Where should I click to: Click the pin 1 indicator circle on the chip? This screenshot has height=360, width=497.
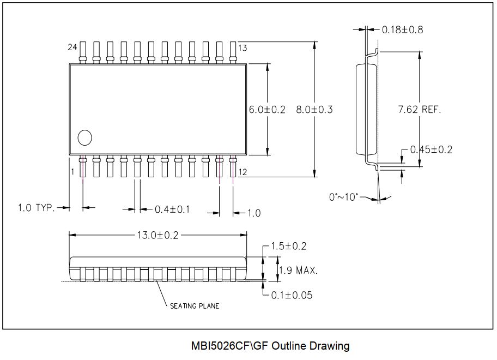pyautogui.click(x=84, y=138)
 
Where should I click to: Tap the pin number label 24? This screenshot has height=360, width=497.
pyautogui.click(x=72, y=47)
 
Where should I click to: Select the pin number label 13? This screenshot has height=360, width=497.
pyautogui.click(x=243, y=48)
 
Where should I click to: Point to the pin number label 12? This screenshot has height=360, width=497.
pyautogui.click(x=243, y=172)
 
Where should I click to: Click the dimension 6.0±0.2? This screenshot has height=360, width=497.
pyautogui.click(x=267, y=110)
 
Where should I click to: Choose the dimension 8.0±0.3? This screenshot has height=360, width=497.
pyautogui.click(x=314, y=110)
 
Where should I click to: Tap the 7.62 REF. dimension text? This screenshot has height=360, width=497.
pyautogui.click(x=419, y=110)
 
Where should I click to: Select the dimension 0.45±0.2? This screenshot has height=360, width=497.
pyautogui.click(x=431, y=149)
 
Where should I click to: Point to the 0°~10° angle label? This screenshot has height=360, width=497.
pyautogui.click(x=343, y=196)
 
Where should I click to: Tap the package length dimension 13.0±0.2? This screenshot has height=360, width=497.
pyautogui.click(x=157, y=235)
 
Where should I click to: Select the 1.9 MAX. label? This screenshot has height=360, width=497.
pyautogui.click(x=298, y=270)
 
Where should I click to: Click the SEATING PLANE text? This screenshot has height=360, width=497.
pyautogui.click(x=194, y=306)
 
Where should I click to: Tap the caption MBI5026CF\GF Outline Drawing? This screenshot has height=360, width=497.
pyautogui.click(x=270, y=346)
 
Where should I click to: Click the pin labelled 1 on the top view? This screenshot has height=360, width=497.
pyautogui.click(x=83, y=166)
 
